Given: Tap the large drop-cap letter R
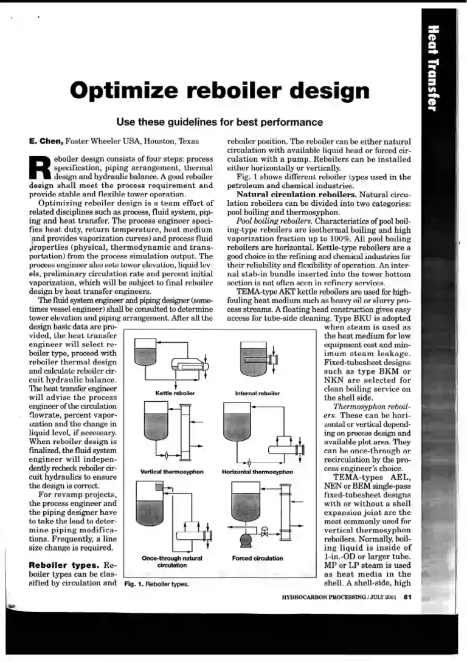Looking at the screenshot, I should [x=40, y=166].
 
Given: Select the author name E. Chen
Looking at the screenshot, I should [x=46, y=141].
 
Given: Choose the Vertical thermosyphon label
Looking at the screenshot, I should [x=171, y=471].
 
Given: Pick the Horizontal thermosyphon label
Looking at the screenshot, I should [x=258, y=471].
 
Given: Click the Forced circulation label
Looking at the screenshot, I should [x=257, y=557].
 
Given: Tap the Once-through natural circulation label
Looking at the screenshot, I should [x=171, y=561].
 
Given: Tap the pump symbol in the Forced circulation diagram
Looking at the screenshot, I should [x=249, y=537].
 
